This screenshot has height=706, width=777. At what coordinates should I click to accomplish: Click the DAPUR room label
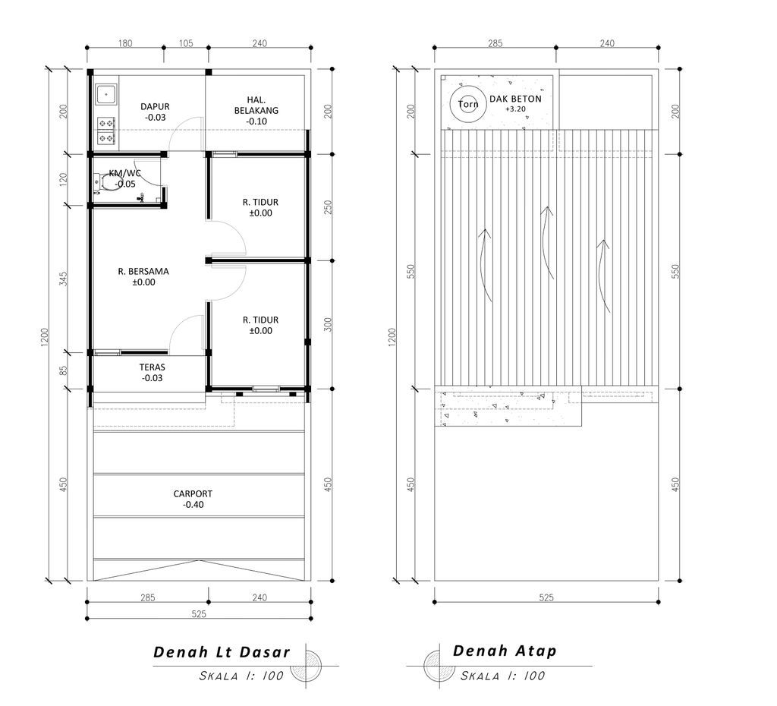pyautogui.click(x=155, y=106)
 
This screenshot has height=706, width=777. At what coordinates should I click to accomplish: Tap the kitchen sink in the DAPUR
pyautogui.click(x=106, y=93)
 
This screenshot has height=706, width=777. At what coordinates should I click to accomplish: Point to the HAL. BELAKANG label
pyautogui.click(x=256, y=105)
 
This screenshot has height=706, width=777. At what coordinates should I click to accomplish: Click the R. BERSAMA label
pyautogui.click(x=143, y=271)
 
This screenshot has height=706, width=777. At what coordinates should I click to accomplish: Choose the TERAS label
pyautogui.click(x=152, y=367)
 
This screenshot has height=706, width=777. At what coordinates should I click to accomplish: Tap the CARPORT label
pyautogui.click(x=193, y=493)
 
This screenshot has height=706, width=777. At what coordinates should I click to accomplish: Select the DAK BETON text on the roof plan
pyautogui.click(x=515, y=99)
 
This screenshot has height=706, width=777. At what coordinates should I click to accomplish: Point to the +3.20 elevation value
pyautogui.click(x=515, y=109)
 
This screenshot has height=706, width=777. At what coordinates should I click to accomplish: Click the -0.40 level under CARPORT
pyautogui.click(x=193, y=505)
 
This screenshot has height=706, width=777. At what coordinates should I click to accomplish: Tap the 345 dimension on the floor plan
pyautogui.click(x=64, y=279)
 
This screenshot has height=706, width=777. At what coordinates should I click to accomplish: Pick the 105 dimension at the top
pyautogui.click(x=186, y=43)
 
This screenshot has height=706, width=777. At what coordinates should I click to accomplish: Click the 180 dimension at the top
pyautogui.click(x=125, y=43)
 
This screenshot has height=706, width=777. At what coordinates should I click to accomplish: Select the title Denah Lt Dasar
pyautogui.click(x=222, y=652)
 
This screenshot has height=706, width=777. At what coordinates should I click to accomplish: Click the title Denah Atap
pyautogui.click(x=505, y=651)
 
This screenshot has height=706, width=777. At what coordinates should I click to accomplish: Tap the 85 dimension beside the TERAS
pyautogui.click(x=64, y=370)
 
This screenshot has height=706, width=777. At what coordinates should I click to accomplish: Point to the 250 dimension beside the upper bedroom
pyautogui.click(x=328, y=207)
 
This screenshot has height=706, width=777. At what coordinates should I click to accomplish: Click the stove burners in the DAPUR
pyautogui.click(x=105, y=131)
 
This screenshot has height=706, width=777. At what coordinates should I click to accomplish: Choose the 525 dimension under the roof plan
pyautogui.click(x=546, y=597)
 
